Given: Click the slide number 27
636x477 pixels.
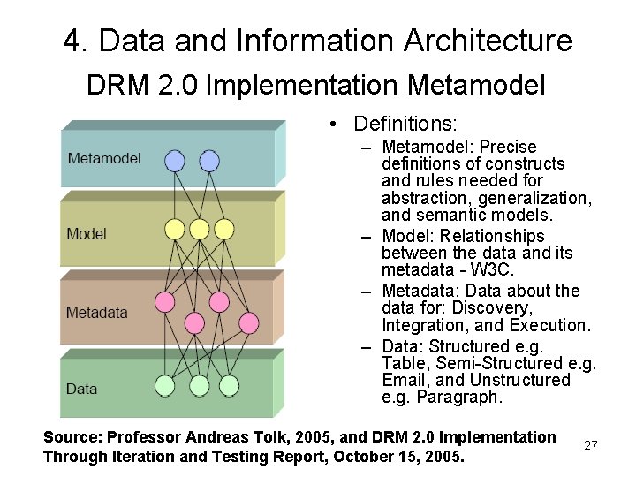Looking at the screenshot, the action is coord(591,446).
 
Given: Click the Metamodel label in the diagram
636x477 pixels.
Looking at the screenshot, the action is coord(104,159).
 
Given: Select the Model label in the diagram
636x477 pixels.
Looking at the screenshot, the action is coord(87,234).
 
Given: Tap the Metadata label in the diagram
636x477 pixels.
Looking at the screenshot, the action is coord(96,313).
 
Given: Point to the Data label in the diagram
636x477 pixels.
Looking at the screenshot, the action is coord(82,389).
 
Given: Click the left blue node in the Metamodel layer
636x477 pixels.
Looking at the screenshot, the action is coord(175,161).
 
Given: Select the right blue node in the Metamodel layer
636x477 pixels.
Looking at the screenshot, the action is coord(209,161).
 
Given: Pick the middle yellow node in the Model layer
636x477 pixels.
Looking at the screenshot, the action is coord(200,230).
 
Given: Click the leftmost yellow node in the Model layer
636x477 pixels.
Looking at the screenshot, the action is coord(175,230).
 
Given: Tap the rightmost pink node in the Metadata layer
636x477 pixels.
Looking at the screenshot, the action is coord(248,322).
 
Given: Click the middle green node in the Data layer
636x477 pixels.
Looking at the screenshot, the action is coord(200,386).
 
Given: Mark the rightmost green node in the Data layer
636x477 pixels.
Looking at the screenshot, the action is coord(229,386).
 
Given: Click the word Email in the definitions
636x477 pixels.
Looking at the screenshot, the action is coord(403,381).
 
